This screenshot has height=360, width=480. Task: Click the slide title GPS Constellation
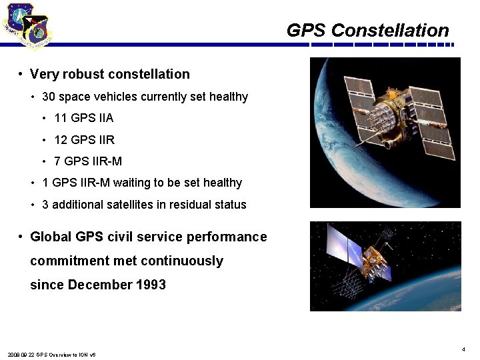point(367,31)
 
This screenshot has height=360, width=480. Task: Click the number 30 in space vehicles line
point(48,97)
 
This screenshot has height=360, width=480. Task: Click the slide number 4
point(463,349)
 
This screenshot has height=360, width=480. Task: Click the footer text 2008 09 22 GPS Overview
point(51,355)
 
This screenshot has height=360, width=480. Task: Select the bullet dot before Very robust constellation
point(22,75)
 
